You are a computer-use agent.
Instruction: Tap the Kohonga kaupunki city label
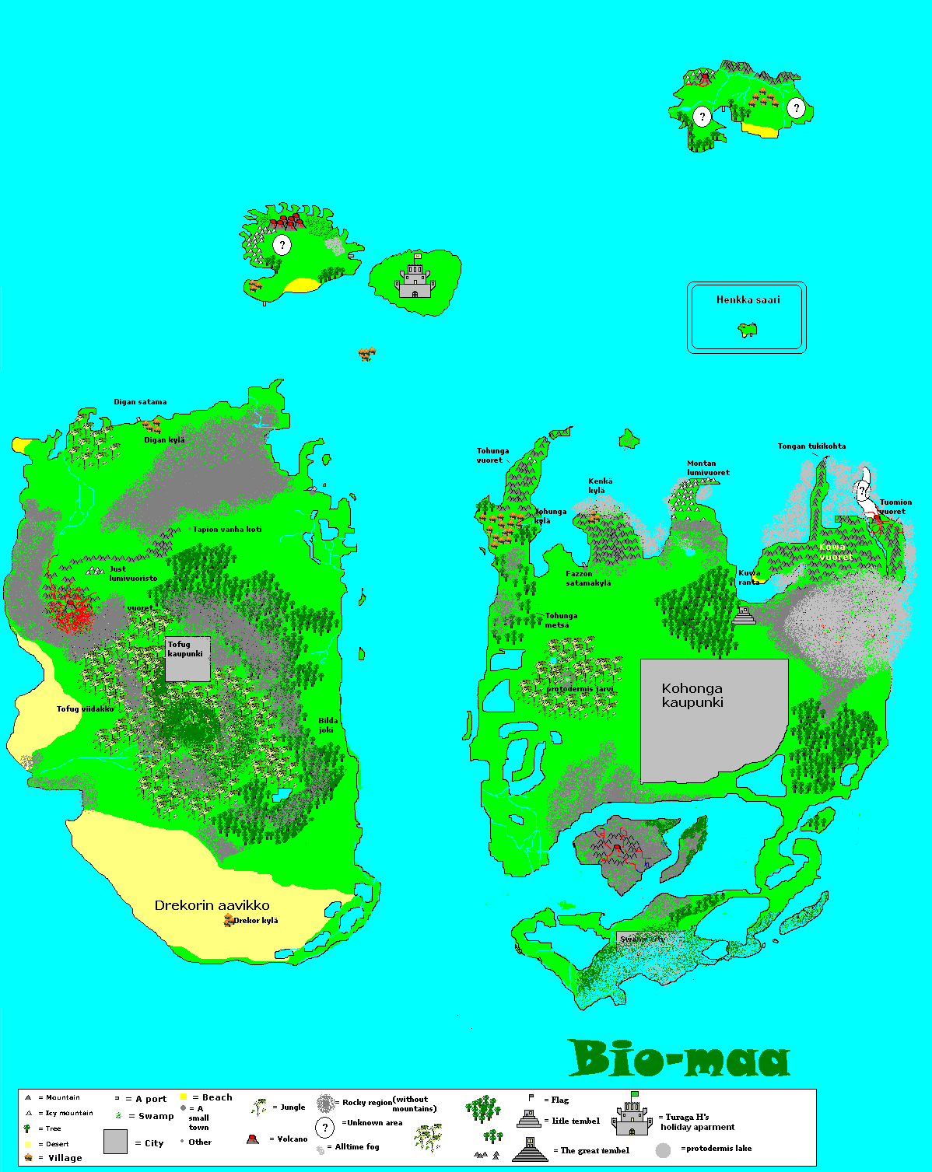692,695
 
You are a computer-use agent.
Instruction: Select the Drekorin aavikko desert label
212,905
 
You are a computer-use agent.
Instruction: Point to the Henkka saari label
748,299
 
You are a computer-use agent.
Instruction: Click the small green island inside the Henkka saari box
748,331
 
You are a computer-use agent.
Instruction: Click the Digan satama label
140,402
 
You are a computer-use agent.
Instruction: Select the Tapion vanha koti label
227,530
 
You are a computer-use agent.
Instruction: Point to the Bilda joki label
328,725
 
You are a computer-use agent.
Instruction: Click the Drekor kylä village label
256,921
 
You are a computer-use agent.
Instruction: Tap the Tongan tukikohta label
811,446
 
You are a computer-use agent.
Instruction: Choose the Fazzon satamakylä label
588,579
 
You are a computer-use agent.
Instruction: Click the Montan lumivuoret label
708,467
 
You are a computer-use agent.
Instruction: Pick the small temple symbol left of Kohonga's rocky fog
745,615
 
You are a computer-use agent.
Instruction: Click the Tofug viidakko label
85,709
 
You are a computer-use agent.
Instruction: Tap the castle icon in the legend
632,1117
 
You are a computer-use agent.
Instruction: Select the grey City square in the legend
115,1142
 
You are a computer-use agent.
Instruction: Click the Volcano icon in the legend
252,1139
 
